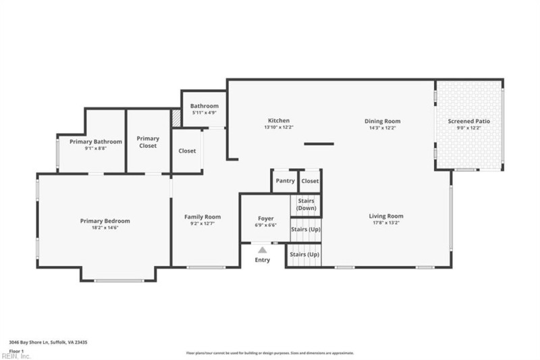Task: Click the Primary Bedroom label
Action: pyautogui.click(x=105, y=221)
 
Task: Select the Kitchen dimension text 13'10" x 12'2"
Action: pyautogui.click(x=279, y=127)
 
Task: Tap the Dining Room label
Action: pyautogui.click(x=383, y=121)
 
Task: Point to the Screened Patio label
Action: pyautogui.click(x=469, y=121)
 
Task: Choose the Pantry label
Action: pyautogui.click(x=285, y=181)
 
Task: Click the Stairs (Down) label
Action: pyautogui.click(x=306, y=205)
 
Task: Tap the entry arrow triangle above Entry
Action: pyautogui.click(x=262, y=250)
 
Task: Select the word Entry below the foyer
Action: pyautogui.click(x=262, y=260)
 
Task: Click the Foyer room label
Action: pyautogui.click(x=266, y=219)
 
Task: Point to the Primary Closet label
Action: pyautogui.click(x=148, y=142)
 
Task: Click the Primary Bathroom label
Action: pyautogui.click(x=99, y=141)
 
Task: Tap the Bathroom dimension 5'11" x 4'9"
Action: pyautogui.click(x=204, y=113)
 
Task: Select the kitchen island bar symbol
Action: pyautogui.click(x=319, y=143)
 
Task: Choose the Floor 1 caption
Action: pyautogui.click(x=16, y=351)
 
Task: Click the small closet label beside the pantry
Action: pyautogui.click(x=310, y=181)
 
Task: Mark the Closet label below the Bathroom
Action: pyautogui.click(x=187, y=151)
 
